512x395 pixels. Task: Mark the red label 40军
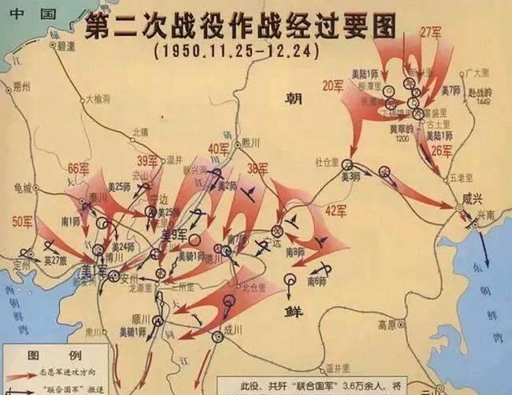(x=219, y=149)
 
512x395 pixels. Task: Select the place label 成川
(x=232, y=328)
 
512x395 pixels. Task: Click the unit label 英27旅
(x=57, y=260)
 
